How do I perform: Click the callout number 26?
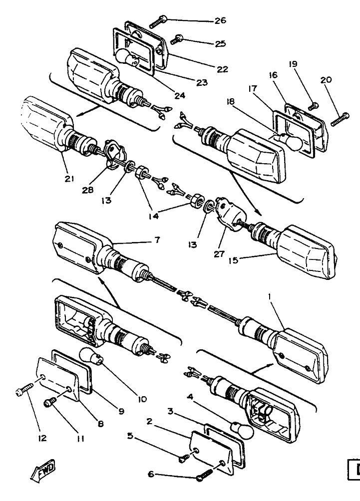[x=220, y=20]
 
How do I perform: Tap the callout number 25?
[x=220, y=43]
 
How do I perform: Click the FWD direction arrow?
[x=43, y=471]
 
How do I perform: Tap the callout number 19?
[x=293, y=64]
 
